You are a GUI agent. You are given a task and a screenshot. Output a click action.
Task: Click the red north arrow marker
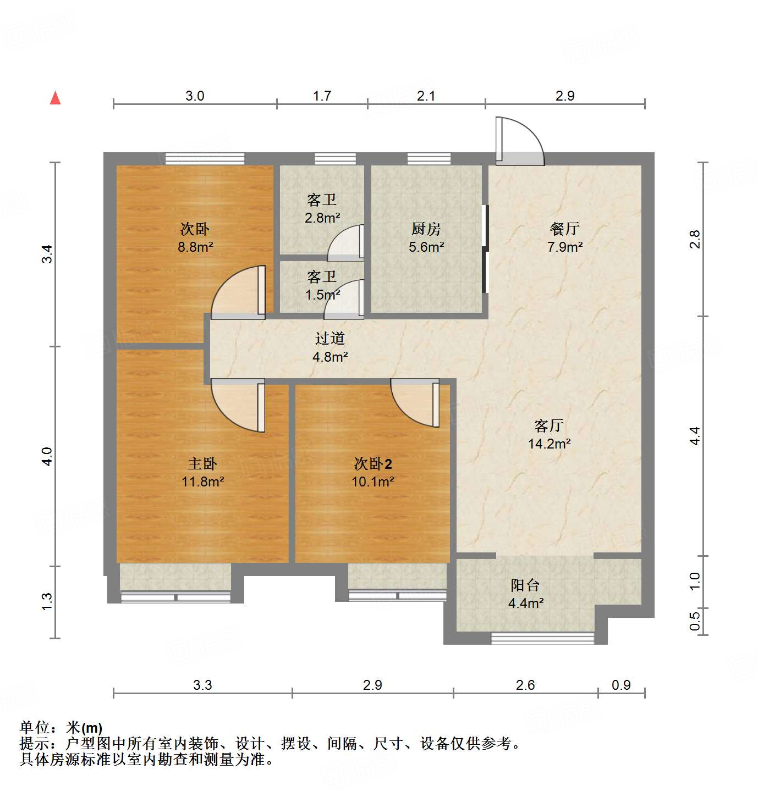coord(55,98)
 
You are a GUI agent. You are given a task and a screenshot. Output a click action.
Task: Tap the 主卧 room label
coord(202,464)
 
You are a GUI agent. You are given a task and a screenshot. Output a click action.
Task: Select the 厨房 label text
coord(426,229)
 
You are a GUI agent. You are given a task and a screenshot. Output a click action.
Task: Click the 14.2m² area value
coord(549,444)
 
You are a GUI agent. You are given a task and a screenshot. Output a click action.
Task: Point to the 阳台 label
coord(525,585)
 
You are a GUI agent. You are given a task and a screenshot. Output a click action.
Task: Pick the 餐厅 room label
coord(565,229)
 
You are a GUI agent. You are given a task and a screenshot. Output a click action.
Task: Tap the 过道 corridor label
coord(330,339)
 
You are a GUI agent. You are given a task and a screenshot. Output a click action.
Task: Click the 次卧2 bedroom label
coord(373,464)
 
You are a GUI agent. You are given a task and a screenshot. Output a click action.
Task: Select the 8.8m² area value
coord(195,247)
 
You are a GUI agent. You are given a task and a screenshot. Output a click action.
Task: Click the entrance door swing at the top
coord(519,141)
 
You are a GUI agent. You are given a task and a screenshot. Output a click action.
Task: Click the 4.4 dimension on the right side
coord(695,436)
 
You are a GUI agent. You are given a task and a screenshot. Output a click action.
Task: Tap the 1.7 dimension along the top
coord(322,96)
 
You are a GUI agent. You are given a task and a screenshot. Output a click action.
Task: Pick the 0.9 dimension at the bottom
coord(621,685)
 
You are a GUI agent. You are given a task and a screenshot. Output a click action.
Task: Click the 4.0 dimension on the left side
coord(47,457)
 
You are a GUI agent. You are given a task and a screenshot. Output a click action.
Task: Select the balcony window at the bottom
coord(543,638)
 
